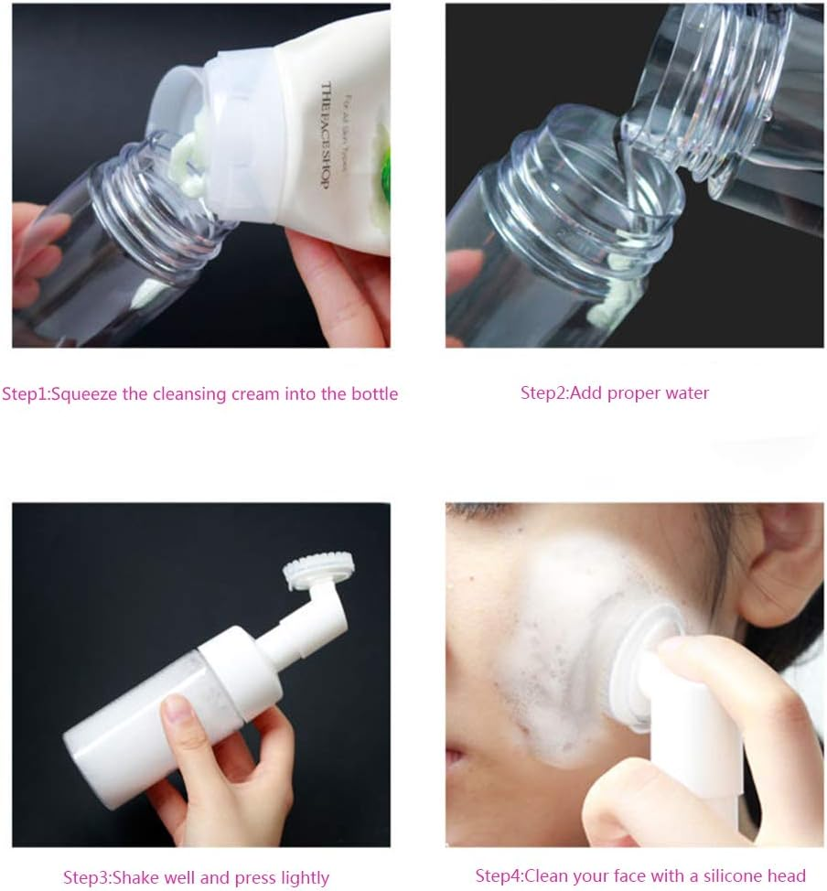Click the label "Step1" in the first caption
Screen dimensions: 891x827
pyautogui.click(x=25, y=394)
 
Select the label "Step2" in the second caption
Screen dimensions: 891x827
pyautogui.click(x=543, y=393)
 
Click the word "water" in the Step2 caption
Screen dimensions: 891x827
pyautogui.click(x=686, y=393)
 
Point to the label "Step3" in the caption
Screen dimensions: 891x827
pyautogui.click(x=86, y=877)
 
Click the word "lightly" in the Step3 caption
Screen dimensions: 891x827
pyautogui.click(x=300, y=877)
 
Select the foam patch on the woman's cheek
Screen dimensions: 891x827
pyautogui.click(x=549, y=640)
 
